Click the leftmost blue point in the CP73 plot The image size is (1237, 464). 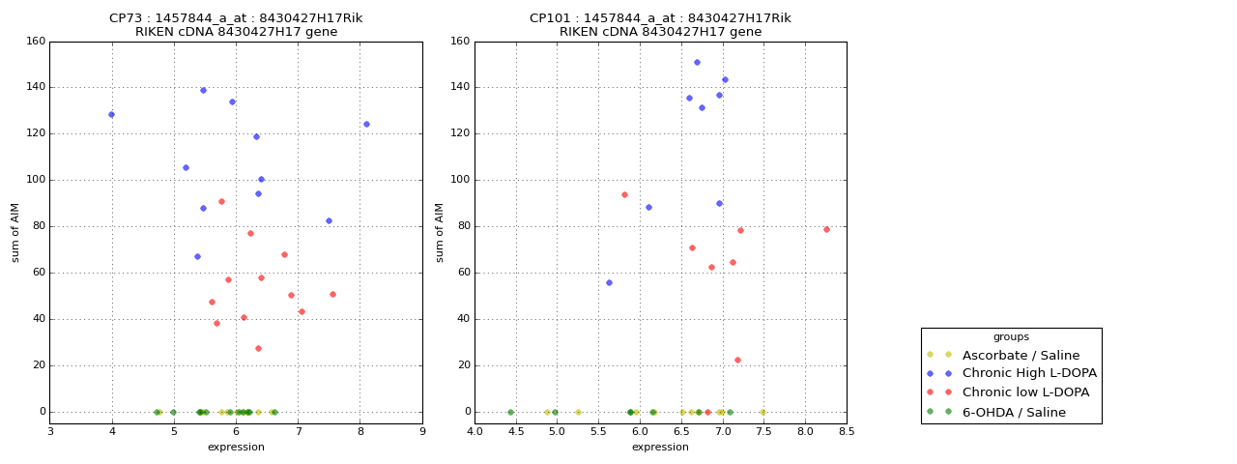tap(111, 114)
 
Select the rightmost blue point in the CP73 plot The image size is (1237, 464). tap(366, 124)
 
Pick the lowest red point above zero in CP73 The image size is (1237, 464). tap(258, 348)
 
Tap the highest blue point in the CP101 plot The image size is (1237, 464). tap(697, 62)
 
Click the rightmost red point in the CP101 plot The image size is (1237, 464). tap(826, 229)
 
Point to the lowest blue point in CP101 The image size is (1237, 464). tap(609, 282)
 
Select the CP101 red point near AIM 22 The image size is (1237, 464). tap(737, 360)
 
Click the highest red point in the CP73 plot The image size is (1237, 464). tap(221, 201)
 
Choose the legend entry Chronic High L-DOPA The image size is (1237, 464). tap(1029, 373)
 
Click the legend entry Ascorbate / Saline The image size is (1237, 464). tap(1021, 355)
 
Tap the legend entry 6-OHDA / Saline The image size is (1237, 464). tap(1014, 412)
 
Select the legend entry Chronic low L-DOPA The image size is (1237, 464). tap(1025, 392)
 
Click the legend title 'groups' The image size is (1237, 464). tap(1011, 337)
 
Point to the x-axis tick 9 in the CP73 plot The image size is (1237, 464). tap(422, 431)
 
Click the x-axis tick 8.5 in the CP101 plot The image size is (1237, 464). tap(847, 431)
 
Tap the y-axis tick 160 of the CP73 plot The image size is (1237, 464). tap(36, 41)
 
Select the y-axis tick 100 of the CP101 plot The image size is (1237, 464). tap(461, 180)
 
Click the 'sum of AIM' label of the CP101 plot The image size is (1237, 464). tap(440, 232)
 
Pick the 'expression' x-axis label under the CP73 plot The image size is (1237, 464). tap(236, 447)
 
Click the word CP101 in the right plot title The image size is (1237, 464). tap(551, 18)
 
